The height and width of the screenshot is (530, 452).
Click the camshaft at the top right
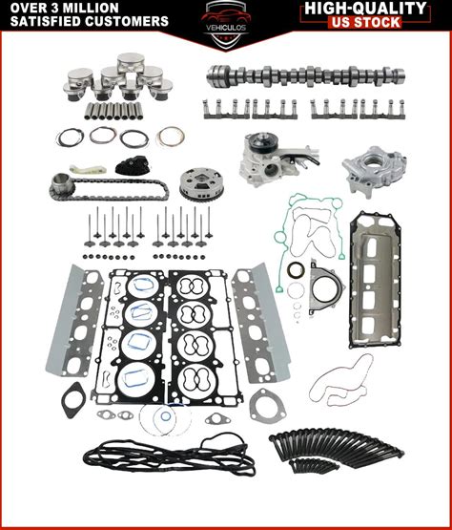tap(306, 75)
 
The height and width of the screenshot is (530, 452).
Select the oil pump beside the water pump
tap(374, 171)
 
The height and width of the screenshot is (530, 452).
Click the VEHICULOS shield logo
tap(226, 25)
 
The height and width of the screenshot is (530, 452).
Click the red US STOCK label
tap(365, 22)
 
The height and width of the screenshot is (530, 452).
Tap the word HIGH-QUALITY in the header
tap(365, 9)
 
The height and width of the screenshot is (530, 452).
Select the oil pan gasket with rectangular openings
tap(375, 280)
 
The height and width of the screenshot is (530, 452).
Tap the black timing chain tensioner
tap(132, 165)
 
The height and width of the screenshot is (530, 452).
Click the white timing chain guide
tap(88, 169)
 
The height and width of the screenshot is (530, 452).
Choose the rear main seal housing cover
tap(325, 287)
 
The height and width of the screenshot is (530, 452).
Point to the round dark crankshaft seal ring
tap(296, 270)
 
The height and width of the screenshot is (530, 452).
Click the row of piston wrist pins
tap(113, 111)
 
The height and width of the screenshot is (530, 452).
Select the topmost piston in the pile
tap(131, 62)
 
